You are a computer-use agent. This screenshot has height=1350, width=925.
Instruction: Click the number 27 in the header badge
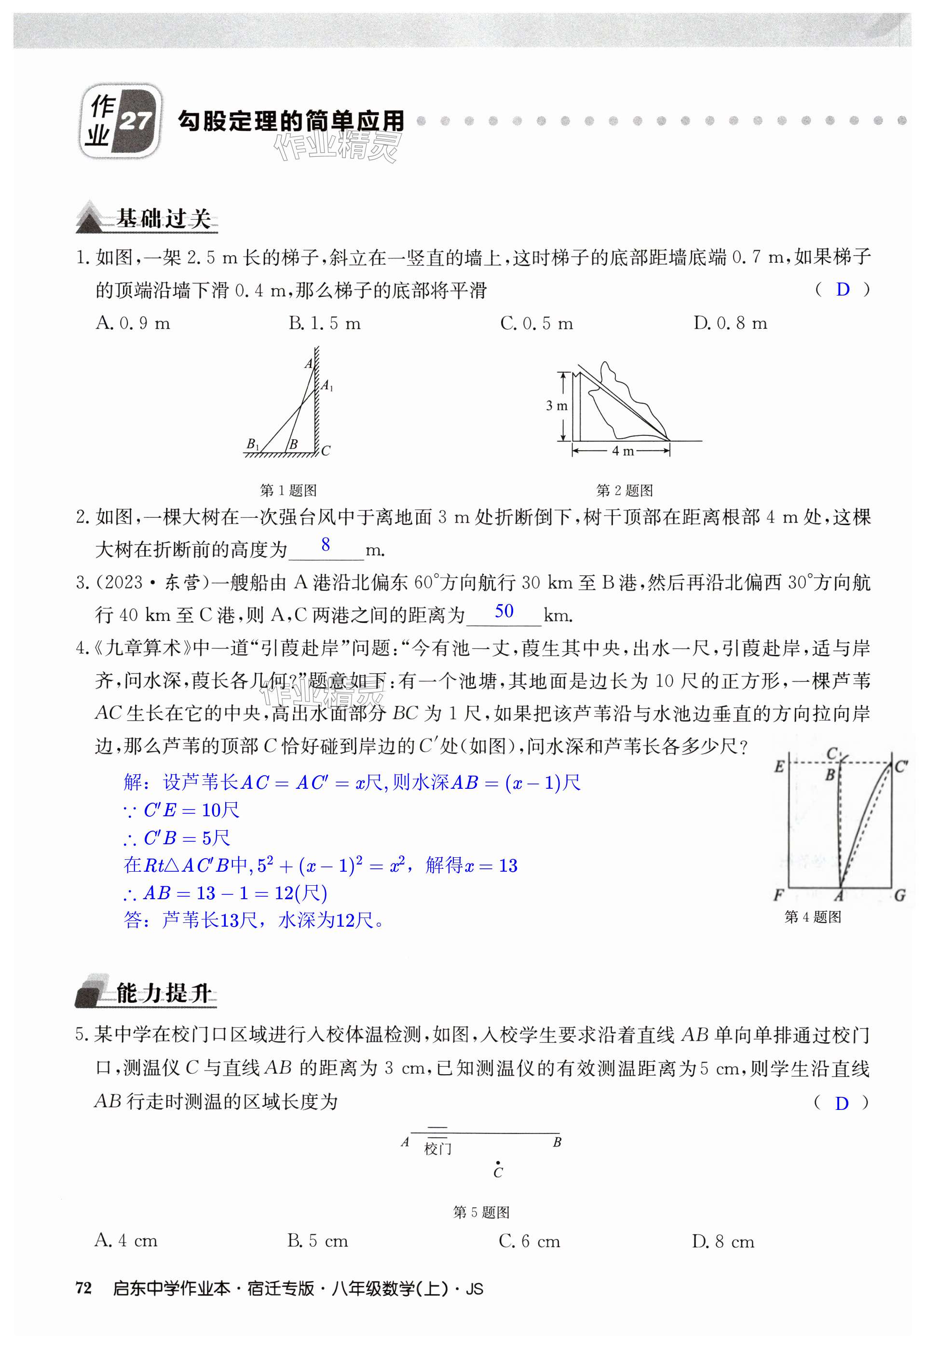point(136,121)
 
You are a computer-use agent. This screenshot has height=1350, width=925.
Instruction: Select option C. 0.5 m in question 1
point(536,324)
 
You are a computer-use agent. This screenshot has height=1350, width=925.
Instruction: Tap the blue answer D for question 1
point(843,289)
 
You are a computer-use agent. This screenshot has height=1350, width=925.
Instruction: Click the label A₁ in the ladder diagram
point(327,385)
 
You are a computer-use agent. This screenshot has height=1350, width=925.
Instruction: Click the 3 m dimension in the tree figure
point(556,406)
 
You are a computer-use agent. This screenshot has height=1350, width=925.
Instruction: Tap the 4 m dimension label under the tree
point(622,451)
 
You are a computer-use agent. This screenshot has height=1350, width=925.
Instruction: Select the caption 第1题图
point(288,490)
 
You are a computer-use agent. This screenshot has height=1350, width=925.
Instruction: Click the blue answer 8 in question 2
point(326,544)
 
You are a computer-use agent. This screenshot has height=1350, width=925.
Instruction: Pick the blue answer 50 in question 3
point(504,611)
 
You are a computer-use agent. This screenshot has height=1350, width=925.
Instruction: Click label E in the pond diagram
point(779,767)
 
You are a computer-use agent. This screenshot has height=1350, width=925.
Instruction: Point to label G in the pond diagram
point(899,895)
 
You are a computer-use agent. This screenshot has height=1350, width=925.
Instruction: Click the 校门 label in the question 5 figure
point(437,1148)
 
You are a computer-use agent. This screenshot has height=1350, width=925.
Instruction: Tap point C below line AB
point(498,1163)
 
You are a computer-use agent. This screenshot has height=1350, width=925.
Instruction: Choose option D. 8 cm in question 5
point(723,1242)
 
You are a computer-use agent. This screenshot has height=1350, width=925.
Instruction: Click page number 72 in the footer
point(83,1288)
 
